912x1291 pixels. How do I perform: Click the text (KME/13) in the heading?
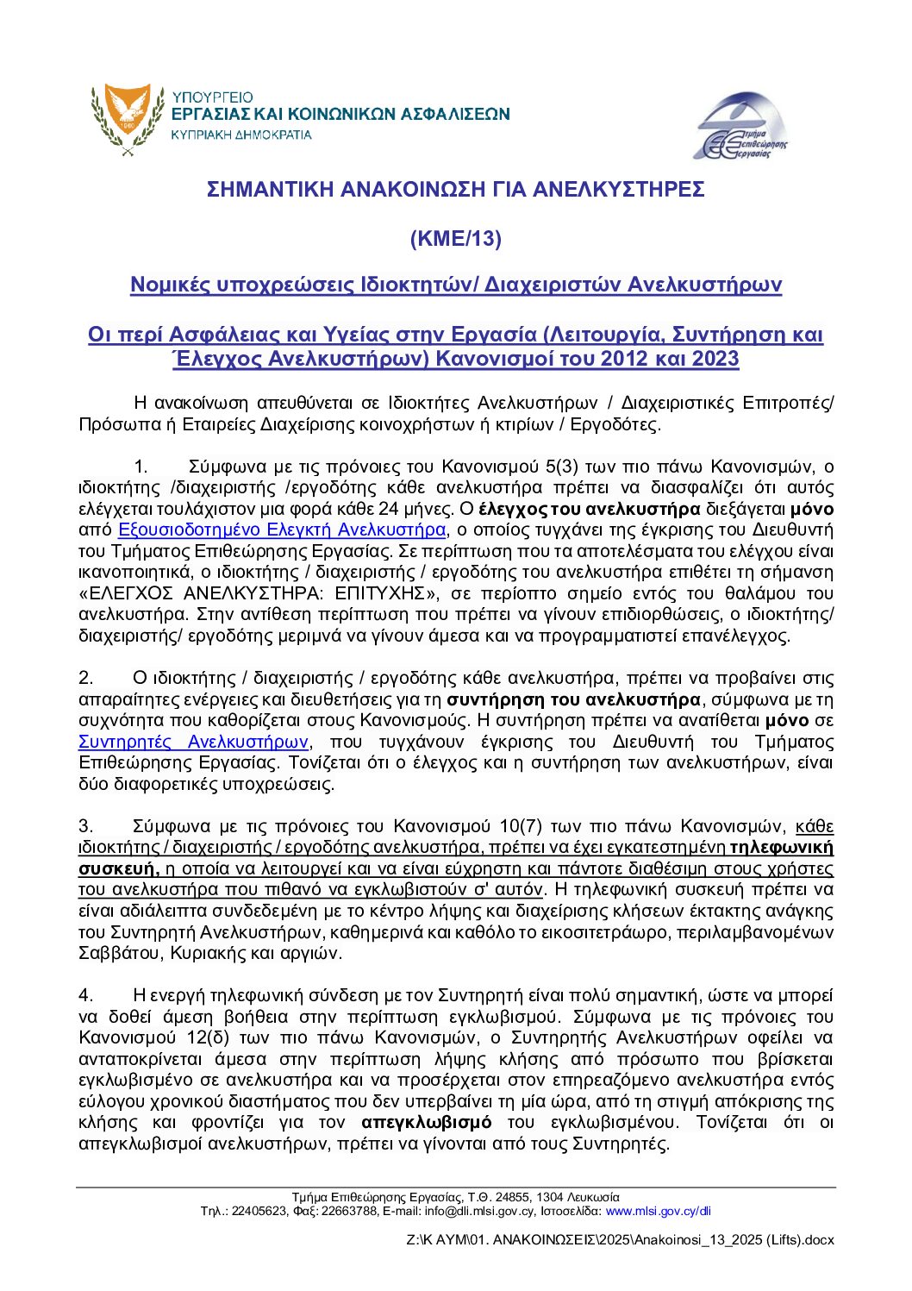point(455,239)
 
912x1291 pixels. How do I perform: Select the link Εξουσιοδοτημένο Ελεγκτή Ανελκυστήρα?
point(282,530)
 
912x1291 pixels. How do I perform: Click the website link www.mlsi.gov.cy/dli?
point(658,1211)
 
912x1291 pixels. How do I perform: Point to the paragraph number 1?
point(141,467)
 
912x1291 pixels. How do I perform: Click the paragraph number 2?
point(85,678)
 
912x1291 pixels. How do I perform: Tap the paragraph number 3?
point(85,826)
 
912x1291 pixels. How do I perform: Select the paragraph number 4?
point(85,995)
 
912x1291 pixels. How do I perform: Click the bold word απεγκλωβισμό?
point(427,1122)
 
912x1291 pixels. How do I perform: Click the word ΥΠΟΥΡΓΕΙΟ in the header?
point(212,97)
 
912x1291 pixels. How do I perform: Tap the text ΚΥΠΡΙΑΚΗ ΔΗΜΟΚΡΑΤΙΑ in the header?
point(241,135)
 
